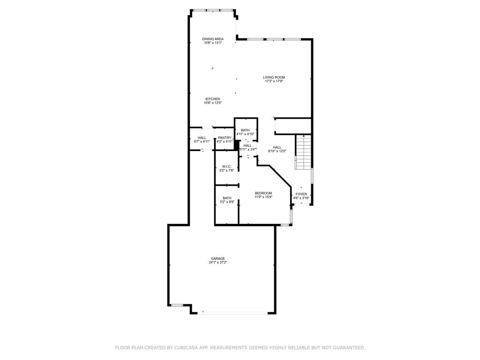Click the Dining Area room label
tap(213, 39)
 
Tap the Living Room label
tap(274, 77)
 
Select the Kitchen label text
tap(213, 99)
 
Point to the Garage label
tap(218, 259)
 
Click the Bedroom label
tap(263, 193)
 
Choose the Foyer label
tap(301, 194)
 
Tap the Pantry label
tap(225, 138)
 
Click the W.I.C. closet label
tap(227, 166)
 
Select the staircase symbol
tap(303, 152)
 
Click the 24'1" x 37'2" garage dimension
tap(218, 262)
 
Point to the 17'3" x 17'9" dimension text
tap(274, 81)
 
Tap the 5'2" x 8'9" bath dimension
tap(227, 202)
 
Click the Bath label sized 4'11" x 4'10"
tap(245, 130)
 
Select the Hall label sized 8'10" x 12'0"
tap(277, 147)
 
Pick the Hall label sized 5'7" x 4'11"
tap(202, 138)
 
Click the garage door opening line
tap(232, 313)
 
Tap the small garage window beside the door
tap(177, 305)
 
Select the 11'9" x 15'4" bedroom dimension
tap(263, 197)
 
